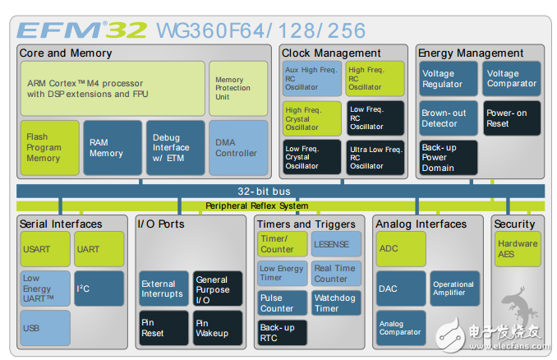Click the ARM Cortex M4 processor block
tap(113, 89)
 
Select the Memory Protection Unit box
tap(237, 89)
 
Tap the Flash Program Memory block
tap(49, 148)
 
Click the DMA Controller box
tap(237, 148)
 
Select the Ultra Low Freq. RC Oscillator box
tap(375, 156)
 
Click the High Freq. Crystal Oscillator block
tap(312, 118)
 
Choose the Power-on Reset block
tap(512, 118)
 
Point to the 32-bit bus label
tap(257, 191)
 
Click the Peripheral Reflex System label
tap(257, 205)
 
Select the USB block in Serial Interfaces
tap(45, 327)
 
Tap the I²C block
tap(99, 288)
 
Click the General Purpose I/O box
tap(218, 288)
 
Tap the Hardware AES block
tap(518, 249)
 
